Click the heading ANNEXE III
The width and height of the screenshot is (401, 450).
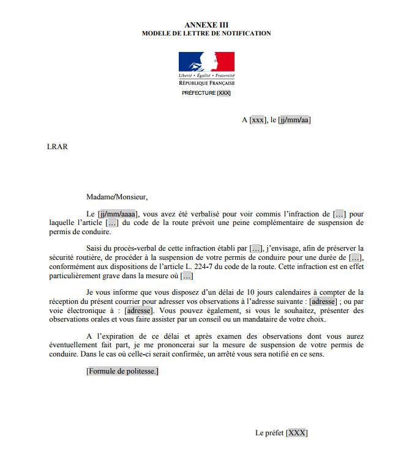coord(206,24)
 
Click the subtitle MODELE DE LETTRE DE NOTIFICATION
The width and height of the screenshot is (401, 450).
coord(206,33)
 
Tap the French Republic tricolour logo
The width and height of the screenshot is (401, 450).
coord(206,62)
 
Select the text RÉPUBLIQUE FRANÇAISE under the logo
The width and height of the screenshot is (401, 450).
coord(206,83)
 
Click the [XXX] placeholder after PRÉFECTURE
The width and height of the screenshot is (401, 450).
coord(224,93)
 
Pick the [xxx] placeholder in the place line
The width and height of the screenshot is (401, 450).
coord(258,120)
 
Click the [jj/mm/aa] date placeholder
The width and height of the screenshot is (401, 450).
coord(294,120)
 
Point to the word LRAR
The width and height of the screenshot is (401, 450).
coord(57,146)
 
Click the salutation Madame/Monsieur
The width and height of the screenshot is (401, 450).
coord(117,197)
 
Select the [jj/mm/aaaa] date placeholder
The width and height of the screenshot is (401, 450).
coord(118,214)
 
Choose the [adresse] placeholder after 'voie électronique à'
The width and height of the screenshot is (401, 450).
coord(138,311)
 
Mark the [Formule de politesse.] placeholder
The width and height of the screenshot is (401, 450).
coord(122,371)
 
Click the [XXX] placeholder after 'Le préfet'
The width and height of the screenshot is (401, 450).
coord(297,433)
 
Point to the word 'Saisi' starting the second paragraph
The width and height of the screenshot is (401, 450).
coord(96,248)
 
